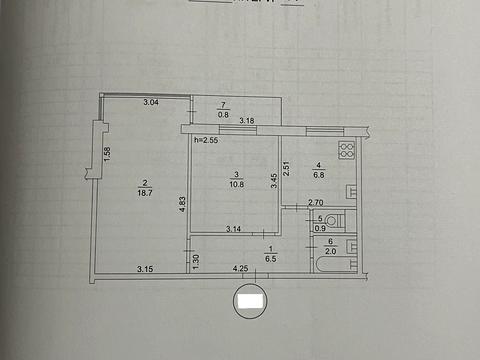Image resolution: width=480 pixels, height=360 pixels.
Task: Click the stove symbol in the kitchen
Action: pos(348,151)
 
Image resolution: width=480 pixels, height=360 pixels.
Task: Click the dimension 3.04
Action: pos(151,103)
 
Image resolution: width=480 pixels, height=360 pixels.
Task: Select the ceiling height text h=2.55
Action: pos(207,140)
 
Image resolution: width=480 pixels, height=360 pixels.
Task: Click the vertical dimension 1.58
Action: pos(107,157)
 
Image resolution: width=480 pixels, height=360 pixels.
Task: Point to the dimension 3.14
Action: pos(234,230)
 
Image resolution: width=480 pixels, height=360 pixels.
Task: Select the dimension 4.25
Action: pos(240,268)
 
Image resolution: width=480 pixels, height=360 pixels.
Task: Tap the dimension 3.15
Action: pos(146,268)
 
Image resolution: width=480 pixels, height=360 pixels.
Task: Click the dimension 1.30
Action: pos(196,261)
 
